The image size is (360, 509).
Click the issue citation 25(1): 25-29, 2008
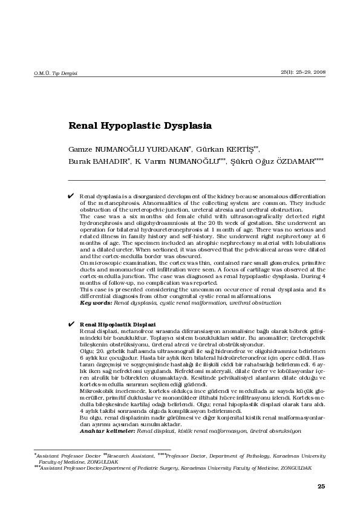pyautogui.click(x=303, y=72)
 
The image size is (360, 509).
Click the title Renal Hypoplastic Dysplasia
pyautogui.click(x=139, y=126)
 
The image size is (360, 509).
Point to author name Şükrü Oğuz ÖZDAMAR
pyautogui.click(x=275, y=162)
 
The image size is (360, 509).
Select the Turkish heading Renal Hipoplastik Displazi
pyautogui.click(x=117, y=325)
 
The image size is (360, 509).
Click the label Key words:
pyautogui.click(x=97, y=302)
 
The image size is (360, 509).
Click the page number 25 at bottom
pyautogui.click(x=321, y=486)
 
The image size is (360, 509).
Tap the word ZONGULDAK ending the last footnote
pyautogui.click(x=295, y=468)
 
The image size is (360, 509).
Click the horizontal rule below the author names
pyautogui.click(x=196, y=180)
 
